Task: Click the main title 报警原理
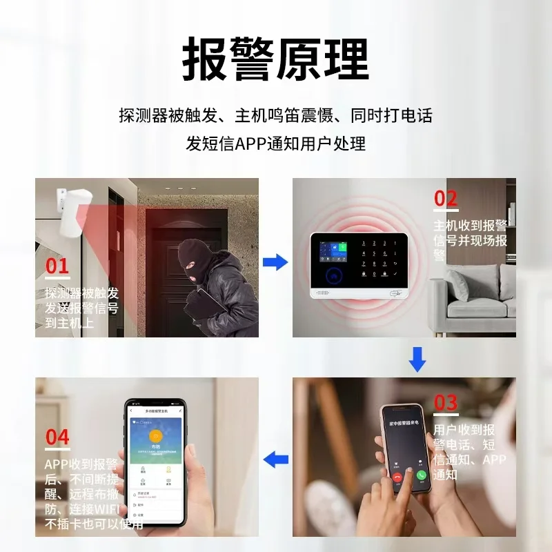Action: point(275,61)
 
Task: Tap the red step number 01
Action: point(57,266)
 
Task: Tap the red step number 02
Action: point(446,199)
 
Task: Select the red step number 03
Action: point(446,402)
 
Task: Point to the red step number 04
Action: point(57,437)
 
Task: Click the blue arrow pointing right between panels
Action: point(276,262)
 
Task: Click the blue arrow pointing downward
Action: point(417,359)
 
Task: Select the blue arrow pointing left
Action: point(277,458)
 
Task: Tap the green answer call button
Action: point(422,475)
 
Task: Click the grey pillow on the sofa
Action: point(461,284)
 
